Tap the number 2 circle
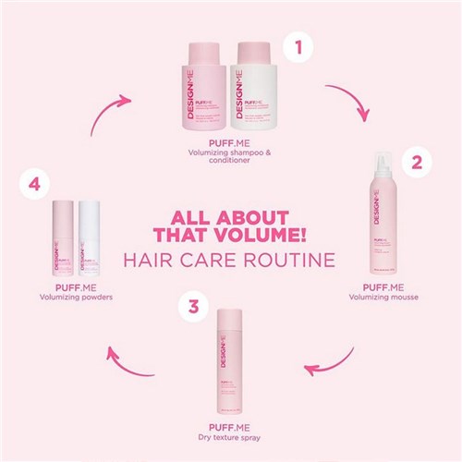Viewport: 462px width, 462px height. [416, 164]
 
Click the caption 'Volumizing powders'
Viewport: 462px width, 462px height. [76, 297]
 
